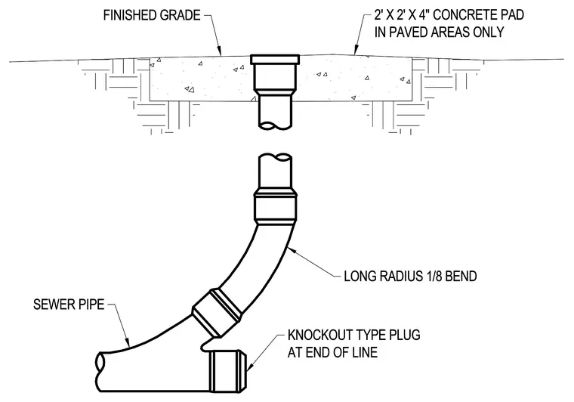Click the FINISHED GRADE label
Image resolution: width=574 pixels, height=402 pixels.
click(152, 15)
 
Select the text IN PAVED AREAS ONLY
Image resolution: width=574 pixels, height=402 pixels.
click(440, 32)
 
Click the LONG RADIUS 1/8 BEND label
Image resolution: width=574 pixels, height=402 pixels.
click(410, 276)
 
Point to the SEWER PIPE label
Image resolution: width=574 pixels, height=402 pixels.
click(69, 305)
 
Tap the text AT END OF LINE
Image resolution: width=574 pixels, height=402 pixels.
click(332, 352)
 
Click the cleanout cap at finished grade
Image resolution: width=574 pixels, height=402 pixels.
click(275, 59)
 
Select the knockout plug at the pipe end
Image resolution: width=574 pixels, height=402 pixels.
click(227, 371)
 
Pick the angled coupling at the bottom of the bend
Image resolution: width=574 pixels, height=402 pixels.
click(217, 312)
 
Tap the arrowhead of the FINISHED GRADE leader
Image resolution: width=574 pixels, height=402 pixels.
click(219, 53)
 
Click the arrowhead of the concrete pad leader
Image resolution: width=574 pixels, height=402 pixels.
click(355, 51)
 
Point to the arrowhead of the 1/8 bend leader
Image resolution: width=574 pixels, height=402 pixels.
click(291, 249)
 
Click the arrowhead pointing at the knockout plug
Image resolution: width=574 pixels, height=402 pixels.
click(250, 366)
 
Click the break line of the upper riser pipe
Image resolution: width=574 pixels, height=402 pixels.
click(275, 125)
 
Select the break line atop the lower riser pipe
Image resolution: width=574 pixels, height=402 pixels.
click(275, 157)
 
